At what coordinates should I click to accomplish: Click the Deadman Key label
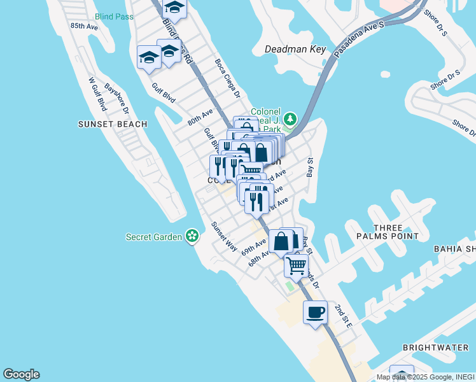(x=295, y=49)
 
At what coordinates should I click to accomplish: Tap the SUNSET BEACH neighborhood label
(x=113, y=124)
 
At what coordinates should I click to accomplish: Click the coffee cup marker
(x=316, y=313)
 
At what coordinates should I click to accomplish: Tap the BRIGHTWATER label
(x=435, y=348)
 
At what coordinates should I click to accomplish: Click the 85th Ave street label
(x=85, y=26)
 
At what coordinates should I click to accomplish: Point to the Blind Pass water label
(x=114, y=17)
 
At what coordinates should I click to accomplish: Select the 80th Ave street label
(x=200, y=118)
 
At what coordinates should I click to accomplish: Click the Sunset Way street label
(x=224, y=236)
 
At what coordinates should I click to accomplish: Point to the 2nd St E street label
(x=344, y=315)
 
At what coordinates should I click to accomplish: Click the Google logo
(x=21, y=374)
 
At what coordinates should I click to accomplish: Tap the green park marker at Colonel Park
(x=290, y=118)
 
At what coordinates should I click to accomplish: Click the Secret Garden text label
(x=155, y=237)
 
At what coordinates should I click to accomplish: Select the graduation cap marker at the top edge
(x=174, y=8)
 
